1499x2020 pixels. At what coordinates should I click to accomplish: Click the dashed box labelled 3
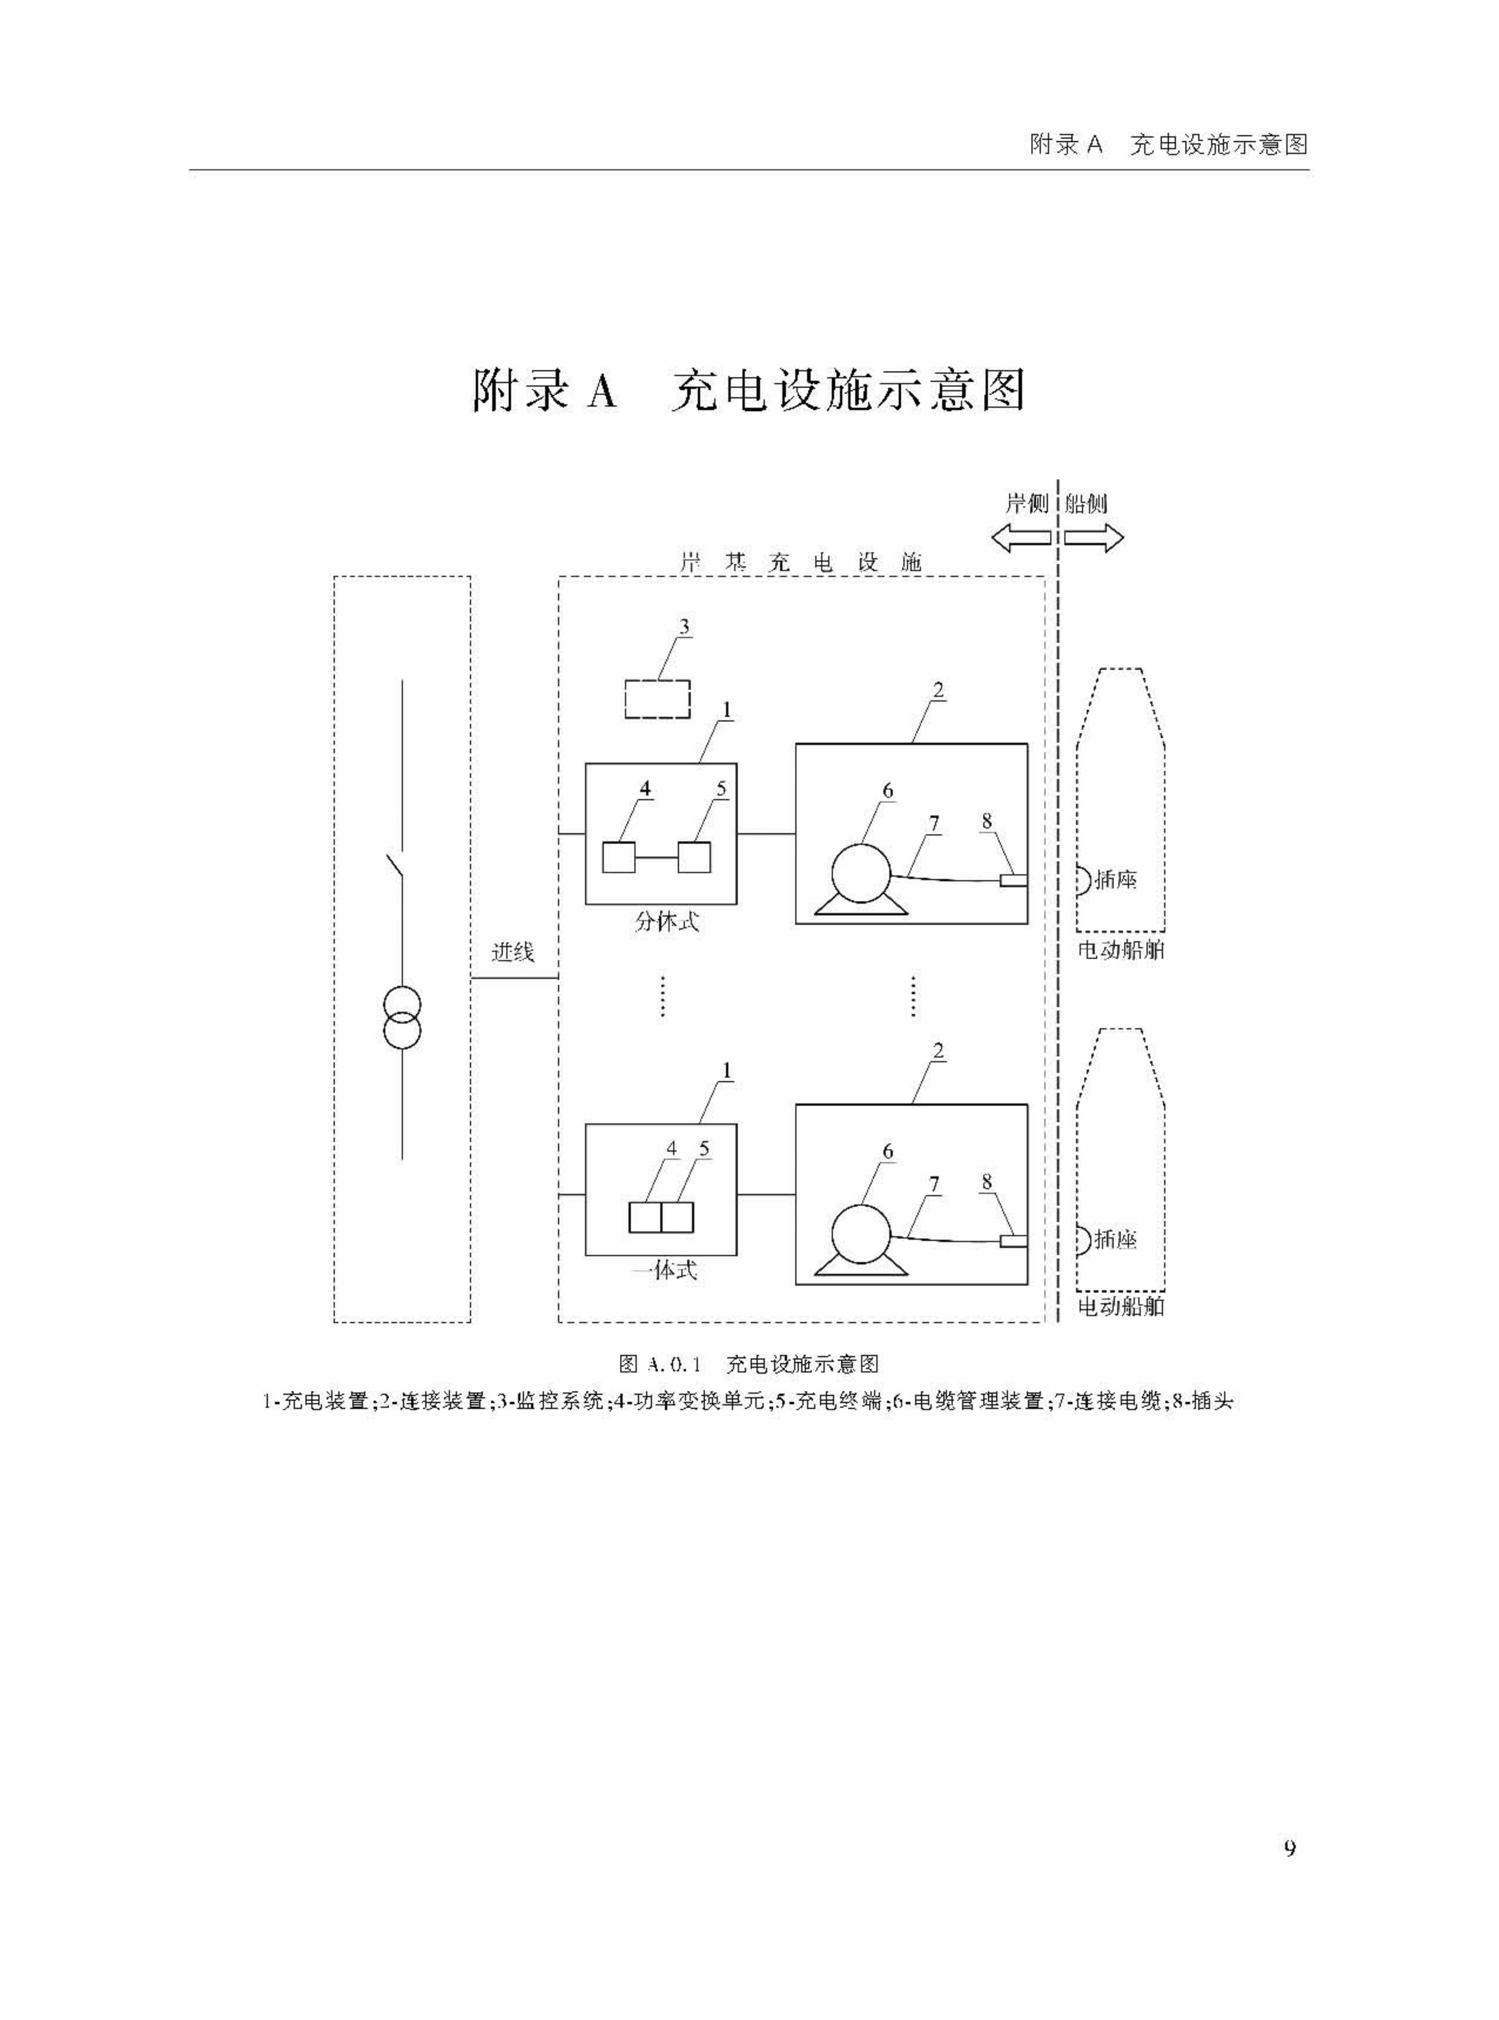[x=657, y=699]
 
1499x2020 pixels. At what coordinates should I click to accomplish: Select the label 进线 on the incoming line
[x=513, y=952]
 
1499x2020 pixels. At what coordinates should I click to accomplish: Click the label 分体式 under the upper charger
[x=667, y=922]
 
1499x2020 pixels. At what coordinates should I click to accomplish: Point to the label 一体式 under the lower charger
[x=665, y=1270]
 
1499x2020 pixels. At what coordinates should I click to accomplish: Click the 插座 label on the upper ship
[x=1115, y=879]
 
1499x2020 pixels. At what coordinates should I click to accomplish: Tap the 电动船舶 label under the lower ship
[x=1120, y=1307]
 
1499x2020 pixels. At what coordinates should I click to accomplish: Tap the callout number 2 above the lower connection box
[x=938, y=1051]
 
